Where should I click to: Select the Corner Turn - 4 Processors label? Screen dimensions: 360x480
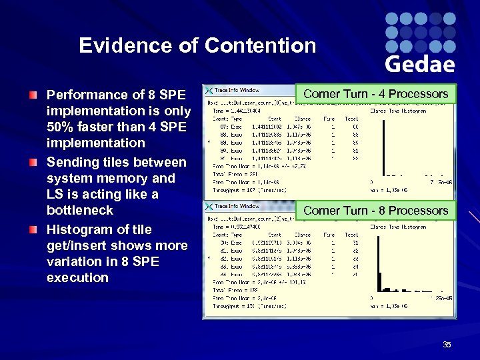click(375, 94)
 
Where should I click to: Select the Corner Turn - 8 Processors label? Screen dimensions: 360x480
click(375, 211)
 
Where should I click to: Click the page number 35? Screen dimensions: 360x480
click(447, 345)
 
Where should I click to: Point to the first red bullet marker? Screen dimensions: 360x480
click(33, 95)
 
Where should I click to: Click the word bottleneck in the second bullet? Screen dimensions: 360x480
click(80, 211)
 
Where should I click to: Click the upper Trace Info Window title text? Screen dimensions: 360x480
click(237, 90)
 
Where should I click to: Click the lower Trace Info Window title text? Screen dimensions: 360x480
click(237, 207)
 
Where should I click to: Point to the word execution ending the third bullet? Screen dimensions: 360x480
click(77, 278)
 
